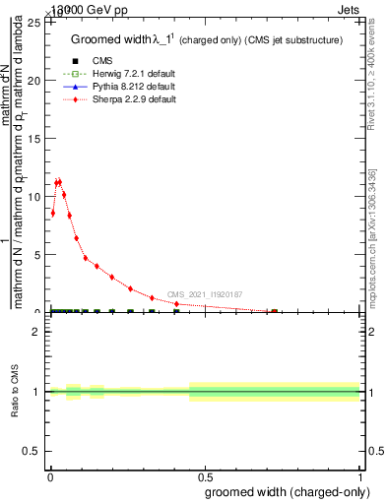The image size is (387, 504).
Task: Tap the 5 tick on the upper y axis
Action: tap(37, 255)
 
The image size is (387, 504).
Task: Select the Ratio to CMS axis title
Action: tap(15, 392)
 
